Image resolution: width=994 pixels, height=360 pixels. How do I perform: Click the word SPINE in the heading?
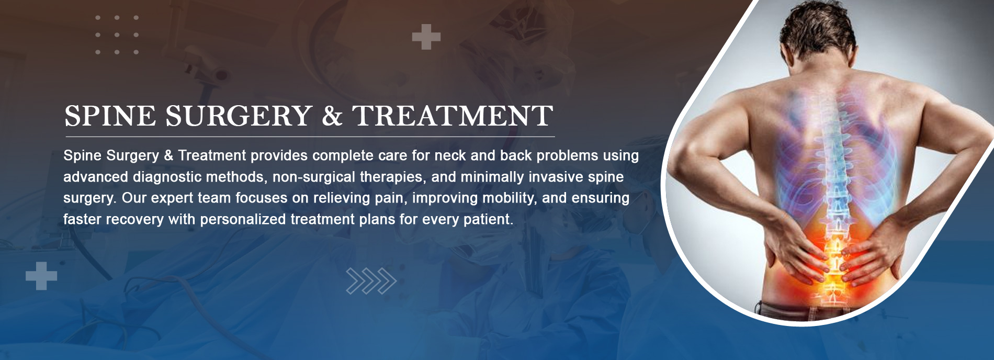110,116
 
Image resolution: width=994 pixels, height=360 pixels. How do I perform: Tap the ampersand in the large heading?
332,116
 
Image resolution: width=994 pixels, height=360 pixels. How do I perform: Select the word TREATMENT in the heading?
453,116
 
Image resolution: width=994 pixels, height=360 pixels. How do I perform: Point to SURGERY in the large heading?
239,116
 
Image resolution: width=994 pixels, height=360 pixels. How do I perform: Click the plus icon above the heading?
426,37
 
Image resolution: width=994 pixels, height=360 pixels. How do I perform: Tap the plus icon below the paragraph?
41,276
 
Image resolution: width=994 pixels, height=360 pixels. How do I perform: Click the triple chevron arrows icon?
371,281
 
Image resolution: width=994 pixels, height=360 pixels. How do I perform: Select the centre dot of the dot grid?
117,35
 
